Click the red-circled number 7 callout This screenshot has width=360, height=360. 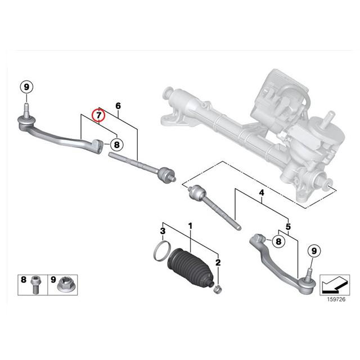point(98,115)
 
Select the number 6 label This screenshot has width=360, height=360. point(118,106)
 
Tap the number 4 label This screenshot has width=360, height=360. point(262,193)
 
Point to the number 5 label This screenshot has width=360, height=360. point(288,227)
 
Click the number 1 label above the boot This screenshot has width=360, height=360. point(190,226)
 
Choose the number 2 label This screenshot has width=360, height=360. point(218,263)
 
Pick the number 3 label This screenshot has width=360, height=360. point(163,231)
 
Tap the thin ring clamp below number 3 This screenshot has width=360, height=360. point(162,251)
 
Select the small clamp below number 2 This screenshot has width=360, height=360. point(218,289)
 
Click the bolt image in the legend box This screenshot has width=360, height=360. point(35,285)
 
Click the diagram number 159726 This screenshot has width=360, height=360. point(336,299)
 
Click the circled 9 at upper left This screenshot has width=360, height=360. point(26,87)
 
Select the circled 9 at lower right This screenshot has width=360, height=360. point(314,251)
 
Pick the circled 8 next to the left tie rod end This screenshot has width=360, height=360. point(117,145)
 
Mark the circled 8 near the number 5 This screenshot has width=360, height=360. point(278,241)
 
